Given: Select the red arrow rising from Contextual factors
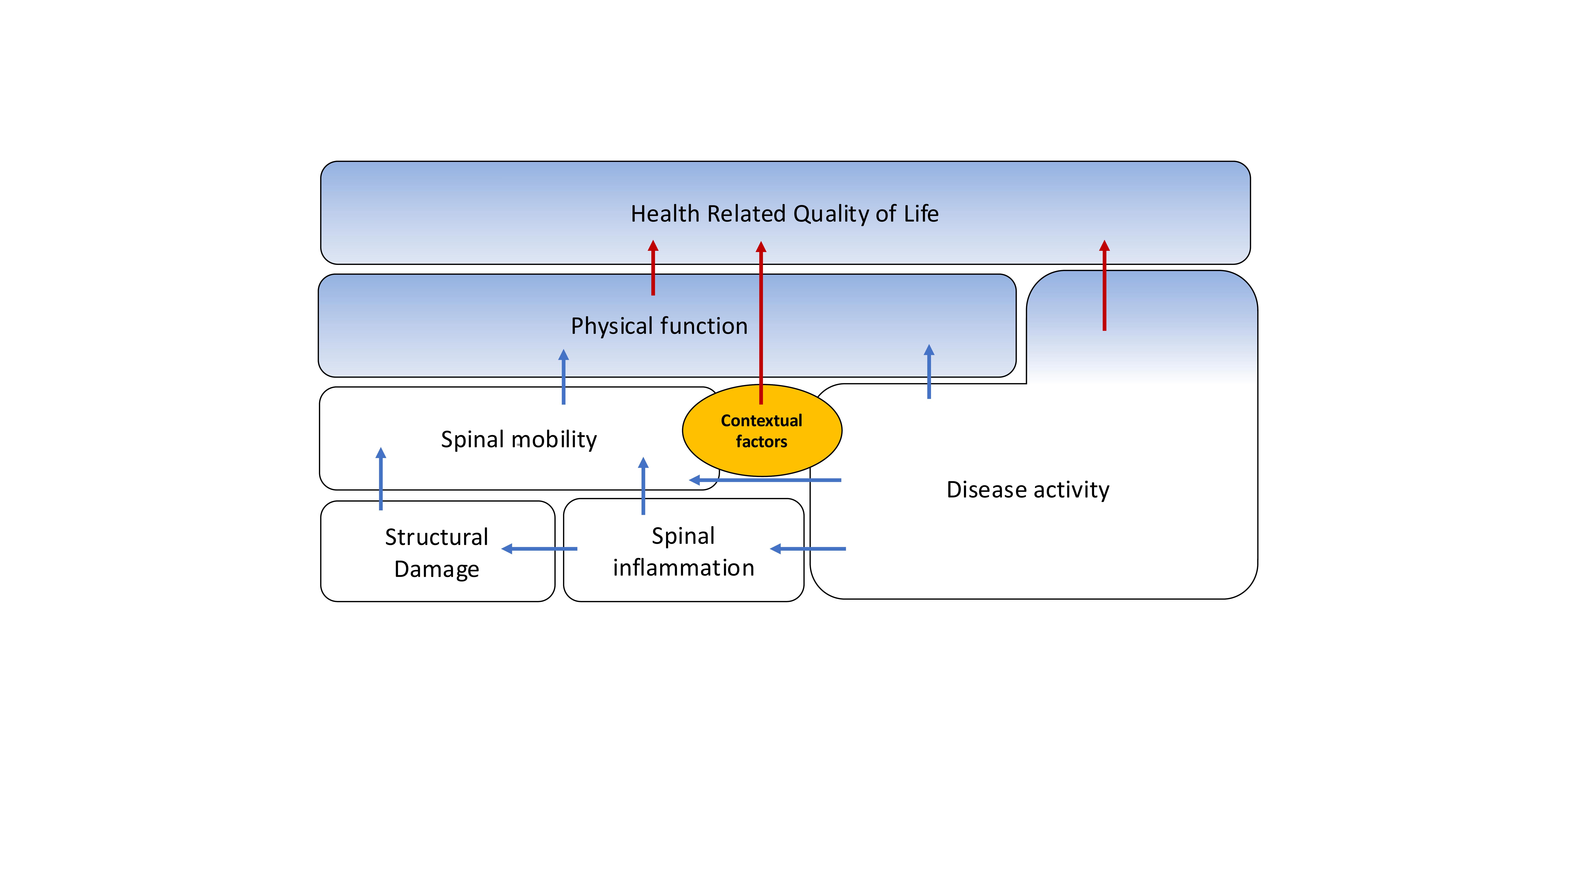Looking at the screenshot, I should [761, 323].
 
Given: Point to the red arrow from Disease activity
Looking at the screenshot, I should [1104, 286].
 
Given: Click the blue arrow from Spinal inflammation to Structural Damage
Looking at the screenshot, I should [539, 548].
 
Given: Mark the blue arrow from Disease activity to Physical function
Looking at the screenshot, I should [929, 372].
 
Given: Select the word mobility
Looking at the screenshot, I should [555, 439].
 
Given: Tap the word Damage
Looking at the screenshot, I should [436, 569].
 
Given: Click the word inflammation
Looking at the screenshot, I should [683, 568].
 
